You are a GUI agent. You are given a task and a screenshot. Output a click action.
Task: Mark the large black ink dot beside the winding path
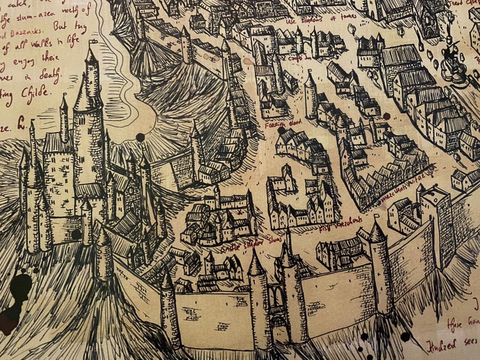tap(140, 137)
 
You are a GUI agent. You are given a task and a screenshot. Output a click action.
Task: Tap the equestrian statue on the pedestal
tap(450, 60)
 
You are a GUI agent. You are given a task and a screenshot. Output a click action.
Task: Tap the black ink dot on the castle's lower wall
tap(76, 234)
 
